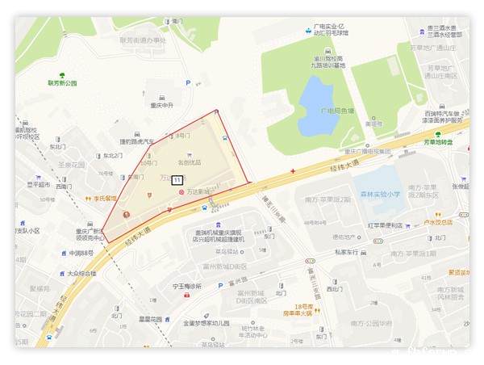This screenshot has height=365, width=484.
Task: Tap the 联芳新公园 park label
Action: pos(62,82)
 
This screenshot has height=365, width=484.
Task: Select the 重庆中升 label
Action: pos(161,105)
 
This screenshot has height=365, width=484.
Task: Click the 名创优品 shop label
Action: pos(190,162)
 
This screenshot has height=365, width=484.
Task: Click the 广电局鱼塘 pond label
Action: pos(337,111)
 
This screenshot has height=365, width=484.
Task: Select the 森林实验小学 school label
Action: pos(381,194)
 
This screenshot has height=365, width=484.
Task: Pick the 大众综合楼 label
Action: pos(81,273)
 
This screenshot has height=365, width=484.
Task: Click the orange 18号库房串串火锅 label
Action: pos(303,311)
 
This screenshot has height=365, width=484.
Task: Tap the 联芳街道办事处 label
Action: pos(143,40)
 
